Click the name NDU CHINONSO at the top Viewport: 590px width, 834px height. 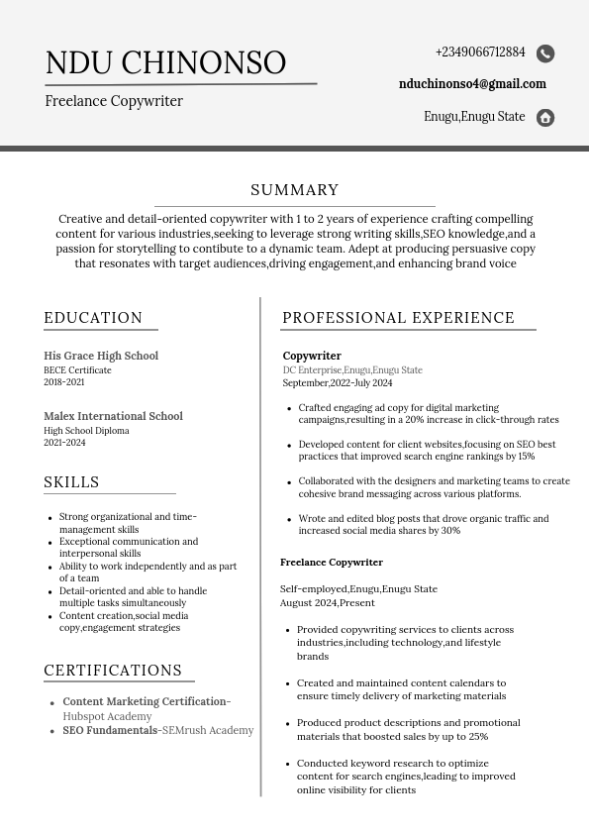(165, 62)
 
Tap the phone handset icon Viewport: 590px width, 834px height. (545, 53)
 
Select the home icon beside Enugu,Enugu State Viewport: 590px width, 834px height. (545, 118)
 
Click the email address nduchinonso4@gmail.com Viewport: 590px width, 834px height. (472, 84)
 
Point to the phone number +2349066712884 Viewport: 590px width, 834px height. (480, 52)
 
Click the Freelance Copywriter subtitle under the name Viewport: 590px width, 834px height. (114, 101)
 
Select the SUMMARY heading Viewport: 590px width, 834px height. (295, 190)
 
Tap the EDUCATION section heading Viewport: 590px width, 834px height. (93, 318)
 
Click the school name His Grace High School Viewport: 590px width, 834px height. (101, 356)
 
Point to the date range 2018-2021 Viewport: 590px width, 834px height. (64, 382)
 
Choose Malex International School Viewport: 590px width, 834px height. (113, 416)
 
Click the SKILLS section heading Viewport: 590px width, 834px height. (71, 482)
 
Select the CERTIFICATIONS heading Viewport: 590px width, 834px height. (113, 671)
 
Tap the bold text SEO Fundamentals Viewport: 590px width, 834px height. (110, 730)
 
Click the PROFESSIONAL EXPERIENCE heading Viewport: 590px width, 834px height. (398, 318)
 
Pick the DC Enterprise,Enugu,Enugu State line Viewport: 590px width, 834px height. (352, 370)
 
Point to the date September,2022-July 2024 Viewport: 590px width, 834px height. (338, 383)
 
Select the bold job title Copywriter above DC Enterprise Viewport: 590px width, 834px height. (312, 356)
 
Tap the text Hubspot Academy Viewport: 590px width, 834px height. (107, 716)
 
